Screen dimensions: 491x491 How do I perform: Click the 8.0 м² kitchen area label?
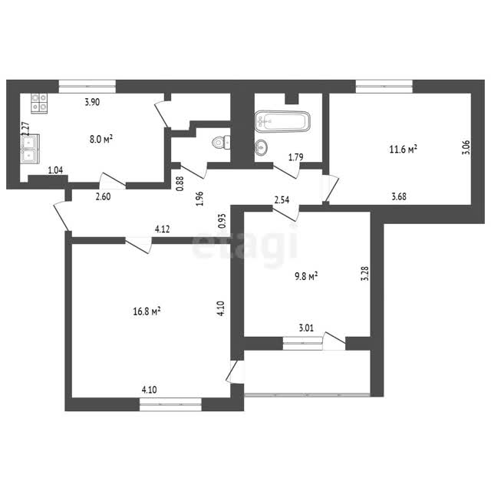[101, 139]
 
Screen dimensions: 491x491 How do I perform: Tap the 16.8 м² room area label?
[147, 311]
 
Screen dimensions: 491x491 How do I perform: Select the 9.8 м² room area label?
[306, 276]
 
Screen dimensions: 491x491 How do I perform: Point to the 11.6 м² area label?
[403, 149]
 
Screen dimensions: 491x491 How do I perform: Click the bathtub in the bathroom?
[282, 121]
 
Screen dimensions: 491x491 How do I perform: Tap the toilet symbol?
[221, 143]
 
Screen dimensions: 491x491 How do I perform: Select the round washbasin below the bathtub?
[261, 147]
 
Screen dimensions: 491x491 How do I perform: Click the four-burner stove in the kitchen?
[39, 103]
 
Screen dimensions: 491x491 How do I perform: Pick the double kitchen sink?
[30, 149]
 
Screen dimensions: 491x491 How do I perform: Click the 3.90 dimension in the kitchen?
[92, 102]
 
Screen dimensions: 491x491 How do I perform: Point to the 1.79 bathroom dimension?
[295, 157]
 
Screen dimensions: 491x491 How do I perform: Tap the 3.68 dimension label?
[399, 196]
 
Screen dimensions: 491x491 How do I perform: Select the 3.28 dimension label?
[365, 274]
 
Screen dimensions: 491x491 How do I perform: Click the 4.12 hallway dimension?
[162, 229]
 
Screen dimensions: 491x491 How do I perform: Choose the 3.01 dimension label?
[306, 328]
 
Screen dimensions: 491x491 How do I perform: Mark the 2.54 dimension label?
[282, 199]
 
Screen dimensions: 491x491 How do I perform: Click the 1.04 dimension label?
[55, 170]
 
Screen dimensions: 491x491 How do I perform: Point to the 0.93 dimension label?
[222, 220]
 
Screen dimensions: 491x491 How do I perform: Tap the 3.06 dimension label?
[466, 147]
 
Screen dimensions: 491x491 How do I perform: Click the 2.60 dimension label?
[103, 196]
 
